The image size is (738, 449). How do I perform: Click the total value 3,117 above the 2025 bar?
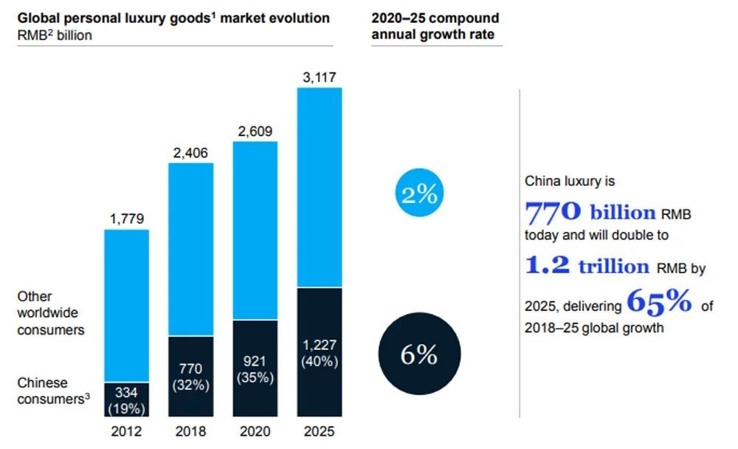pos(320,77)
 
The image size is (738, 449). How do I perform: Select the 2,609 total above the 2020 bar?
pos(255,131)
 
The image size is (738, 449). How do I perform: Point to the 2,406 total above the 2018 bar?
pos(191,153)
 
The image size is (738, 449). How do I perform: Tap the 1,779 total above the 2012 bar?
pos(127,219)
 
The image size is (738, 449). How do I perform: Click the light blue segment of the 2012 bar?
pos(127,305)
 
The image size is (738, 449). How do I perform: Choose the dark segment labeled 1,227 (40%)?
pos(320,353)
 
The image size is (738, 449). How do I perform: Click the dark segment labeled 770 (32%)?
pos(191,377)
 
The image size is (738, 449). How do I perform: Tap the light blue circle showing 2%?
pos(419,193)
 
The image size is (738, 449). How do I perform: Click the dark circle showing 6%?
pos(419,355)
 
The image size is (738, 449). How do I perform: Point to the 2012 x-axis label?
pos(127,432)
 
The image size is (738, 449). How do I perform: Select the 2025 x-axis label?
pos(320,432)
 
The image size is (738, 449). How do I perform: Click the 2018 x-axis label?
pos(191,432)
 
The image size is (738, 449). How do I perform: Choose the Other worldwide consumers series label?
pos(51,313)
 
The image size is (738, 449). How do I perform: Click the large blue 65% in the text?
pos(658,301)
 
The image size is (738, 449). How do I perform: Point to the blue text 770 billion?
pos(590,213)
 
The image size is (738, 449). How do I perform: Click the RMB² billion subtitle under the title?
pos(55,35)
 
